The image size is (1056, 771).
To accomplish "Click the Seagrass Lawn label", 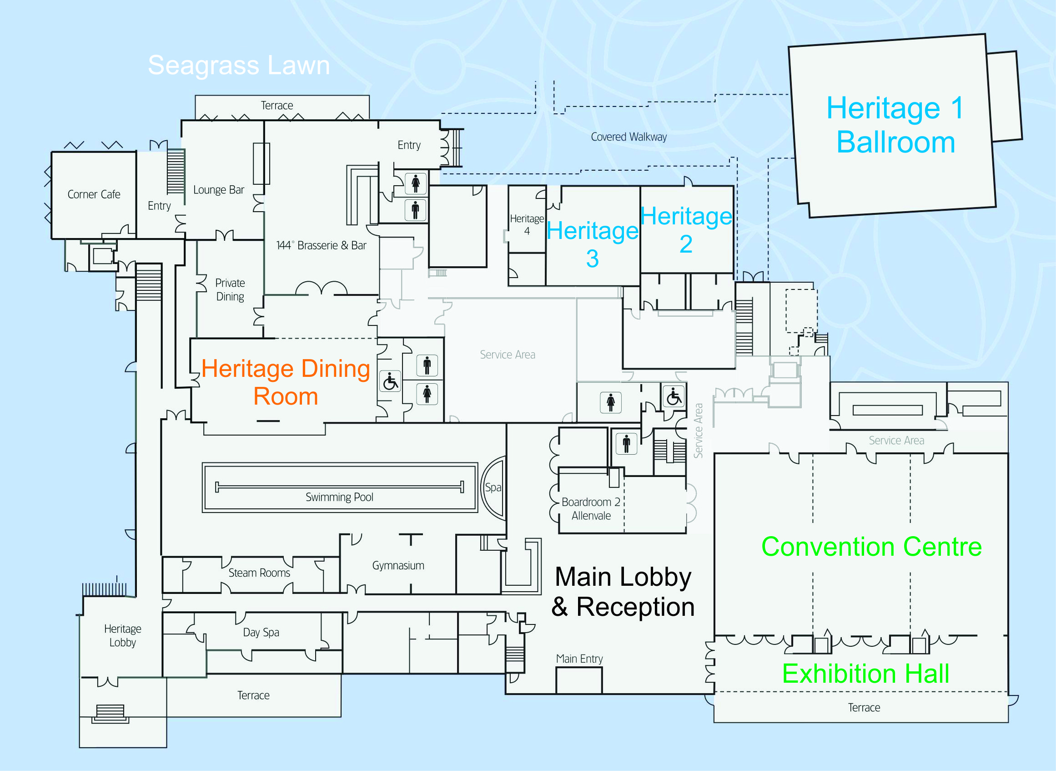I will pyautogui.click(x=239, y=66).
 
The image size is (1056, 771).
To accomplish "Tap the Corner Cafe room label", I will pyautogui.click(x=94, y=194).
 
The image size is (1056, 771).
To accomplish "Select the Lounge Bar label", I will pyautogui.click(x=219, y=190).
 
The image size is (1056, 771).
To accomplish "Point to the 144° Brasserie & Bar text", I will pyautogui.click(x=321, y=245).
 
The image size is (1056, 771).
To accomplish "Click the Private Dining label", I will pyautogui.click(x=230, y=290).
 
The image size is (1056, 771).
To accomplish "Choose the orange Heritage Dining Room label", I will pyautogui.click(x=286, y=382).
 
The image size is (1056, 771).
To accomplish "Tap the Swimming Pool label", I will pyautogui.click(x=339, y=497).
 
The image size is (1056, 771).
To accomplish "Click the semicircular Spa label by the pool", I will pyautogui.click(x=493, y=487).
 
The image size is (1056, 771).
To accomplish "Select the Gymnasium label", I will pyautogui.click(x=398, y=566).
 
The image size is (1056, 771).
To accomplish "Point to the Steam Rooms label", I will pyautogui.click(x=259, y=573).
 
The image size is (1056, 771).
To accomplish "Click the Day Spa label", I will pyautogui.click(x=261, y=632).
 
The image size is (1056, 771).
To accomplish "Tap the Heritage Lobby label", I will pyautogui.click(x=123, y=636).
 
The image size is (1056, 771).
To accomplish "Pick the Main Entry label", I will pyautogui.click(x=579, y=659).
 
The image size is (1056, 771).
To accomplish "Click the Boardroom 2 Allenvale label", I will pyautogui.click(x=591, y=509).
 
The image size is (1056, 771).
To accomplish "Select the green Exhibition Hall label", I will pyautogui.click(x=866, y=674).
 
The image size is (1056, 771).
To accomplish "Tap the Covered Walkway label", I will pyautogui.click(x=629, y=137).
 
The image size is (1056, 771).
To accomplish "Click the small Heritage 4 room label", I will pyautogui.click(x=527, y=224).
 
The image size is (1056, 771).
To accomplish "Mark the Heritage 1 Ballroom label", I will pyautogui.click(x=895, y=125).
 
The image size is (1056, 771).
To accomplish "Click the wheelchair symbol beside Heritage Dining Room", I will pyautogui.click(x=390, y=381).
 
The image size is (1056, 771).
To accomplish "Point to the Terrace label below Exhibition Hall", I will pyautogui.click(x=864, y=708).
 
